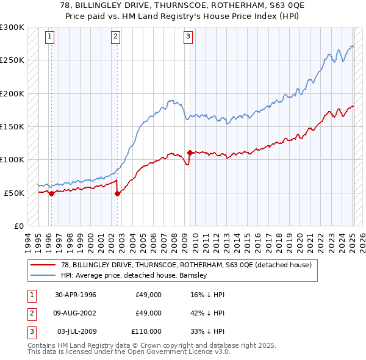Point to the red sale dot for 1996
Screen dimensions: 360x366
click(51, 193)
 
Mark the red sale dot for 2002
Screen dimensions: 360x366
click(117, 193)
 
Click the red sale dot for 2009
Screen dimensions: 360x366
click(190, 153)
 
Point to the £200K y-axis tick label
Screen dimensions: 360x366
click(12, 93)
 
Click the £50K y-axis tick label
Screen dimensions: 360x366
click(15, 193)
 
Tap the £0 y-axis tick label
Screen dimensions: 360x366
click(19, 226)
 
